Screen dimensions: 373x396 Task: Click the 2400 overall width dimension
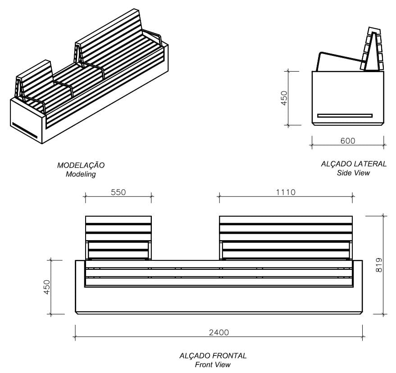219,332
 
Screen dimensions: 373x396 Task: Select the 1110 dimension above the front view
286,192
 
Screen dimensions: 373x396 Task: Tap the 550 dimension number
118,192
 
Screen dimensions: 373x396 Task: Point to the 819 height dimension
378,264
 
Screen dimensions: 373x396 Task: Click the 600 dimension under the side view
347,141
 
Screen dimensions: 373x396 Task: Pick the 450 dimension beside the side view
284,98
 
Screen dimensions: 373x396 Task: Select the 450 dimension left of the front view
47,287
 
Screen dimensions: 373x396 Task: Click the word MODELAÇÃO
81,165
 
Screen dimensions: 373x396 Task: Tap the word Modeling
81,174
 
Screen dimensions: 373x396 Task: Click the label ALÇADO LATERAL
353,164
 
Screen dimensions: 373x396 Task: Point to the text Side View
353,173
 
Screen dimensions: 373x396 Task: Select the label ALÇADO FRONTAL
213,356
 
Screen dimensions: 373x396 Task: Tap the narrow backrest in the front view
118,237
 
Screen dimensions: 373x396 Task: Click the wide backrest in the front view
286,237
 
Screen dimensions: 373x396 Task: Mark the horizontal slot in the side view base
345,115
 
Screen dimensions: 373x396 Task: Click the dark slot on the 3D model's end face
25,130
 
